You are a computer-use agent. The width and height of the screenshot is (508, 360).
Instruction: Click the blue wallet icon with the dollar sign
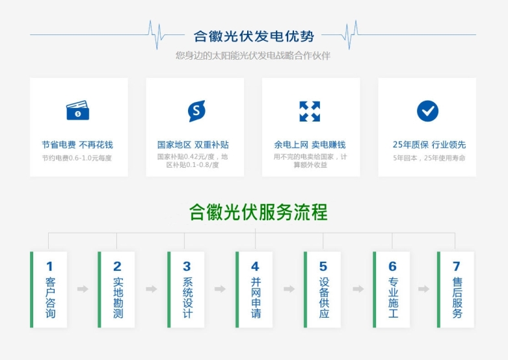(x=78, y=110)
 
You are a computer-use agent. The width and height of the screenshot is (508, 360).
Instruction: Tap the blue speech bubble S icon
(x=196, y=110)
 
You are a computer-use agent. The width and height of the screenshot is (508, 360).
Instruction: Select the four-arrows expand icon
(x=310, y=111)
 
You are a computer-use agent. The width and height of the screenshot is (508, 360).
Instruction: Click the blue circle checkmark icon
(x=427, y=111)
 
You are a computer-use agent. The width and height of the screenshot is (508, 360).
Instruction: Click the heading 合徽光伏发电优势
(x=254, y=36)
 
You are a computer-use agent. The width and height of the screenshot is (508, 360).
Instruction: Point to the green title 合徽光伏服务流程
(x=258, y=212)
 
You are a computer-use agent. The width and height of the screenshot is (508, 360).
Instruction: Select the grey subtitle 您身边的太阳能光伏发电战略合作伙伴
(x=253, y=56)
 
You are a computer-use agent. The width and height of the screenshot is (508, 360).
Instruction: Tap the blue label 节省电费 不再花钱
(x=77, y=145)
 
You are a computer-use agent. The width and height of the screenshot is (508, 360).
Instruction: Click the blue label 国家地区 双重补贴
(x=193, y=145)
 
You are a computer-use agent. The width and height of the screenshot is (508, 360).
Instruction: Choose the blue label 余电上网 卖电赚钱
(x=310, y=145)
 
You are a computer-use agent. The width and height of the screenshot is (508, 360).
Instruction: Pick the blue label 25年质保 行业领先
(x=429, y=145)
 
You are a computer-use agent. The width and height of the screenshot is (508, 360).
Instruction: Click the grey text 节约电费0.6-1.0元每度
(x=77, y=158)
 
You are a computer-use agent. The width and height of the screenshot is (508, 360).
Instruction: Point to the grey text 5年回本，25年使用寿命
(x=429, y=158)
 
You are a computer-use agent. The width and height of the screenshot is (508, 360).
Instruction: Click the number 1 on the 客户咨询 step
(x=49, y=266)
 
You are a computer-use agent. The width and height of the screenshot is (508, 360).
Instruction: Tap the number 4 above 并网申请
(x=255, y=266)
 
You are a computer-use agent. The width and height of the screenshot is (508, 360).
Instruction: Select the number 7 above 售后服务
(x=457, y=266)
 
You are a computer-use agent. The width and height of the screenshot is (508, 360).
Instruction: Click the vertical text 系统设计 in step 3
(x=187, y=298)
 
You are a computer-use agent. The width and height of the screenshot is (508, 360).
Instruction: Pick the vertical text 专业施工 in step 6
(x=393, y=298)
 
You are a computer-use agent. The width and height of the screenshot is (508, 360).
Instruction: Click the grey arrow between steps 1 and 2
(x=83, y=289)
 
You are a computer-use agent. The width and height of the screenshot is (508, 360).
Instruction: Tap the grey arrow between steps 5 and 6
(x=358, y=289)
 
